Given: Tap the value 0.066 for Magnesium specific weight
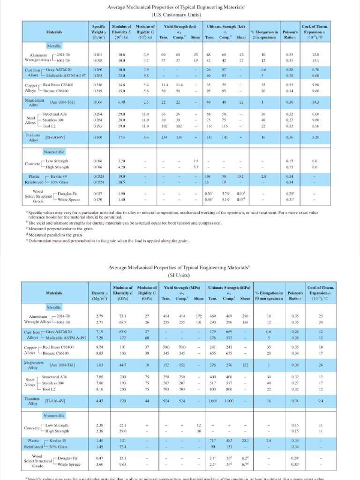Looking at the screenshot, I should pos(98,102).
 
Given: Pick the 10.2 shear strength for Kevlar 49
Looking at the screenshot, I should pos(240,176).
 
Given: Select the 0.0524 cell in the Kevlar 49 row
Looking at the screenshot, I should pos(98,176).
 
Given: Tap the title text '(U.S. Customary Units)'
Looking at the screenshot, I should pos(180,15).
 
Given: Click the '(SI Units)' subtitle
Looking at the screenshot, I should pos(180,275).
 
